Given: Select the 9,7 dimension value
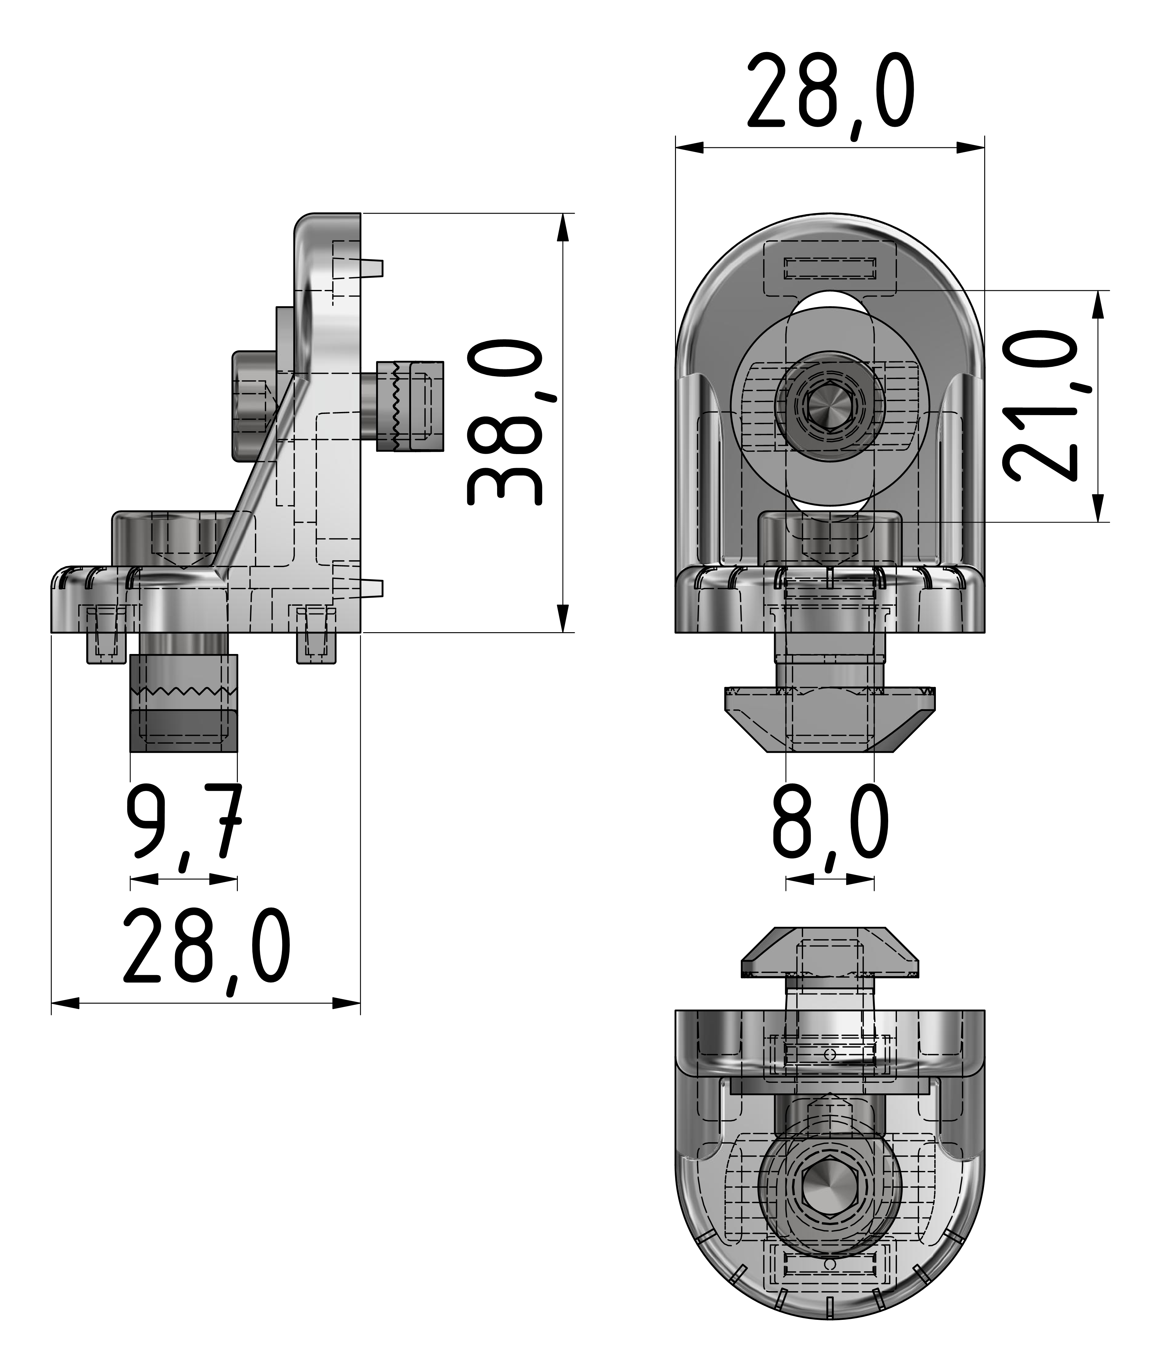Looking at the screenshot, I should point(184,821).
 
